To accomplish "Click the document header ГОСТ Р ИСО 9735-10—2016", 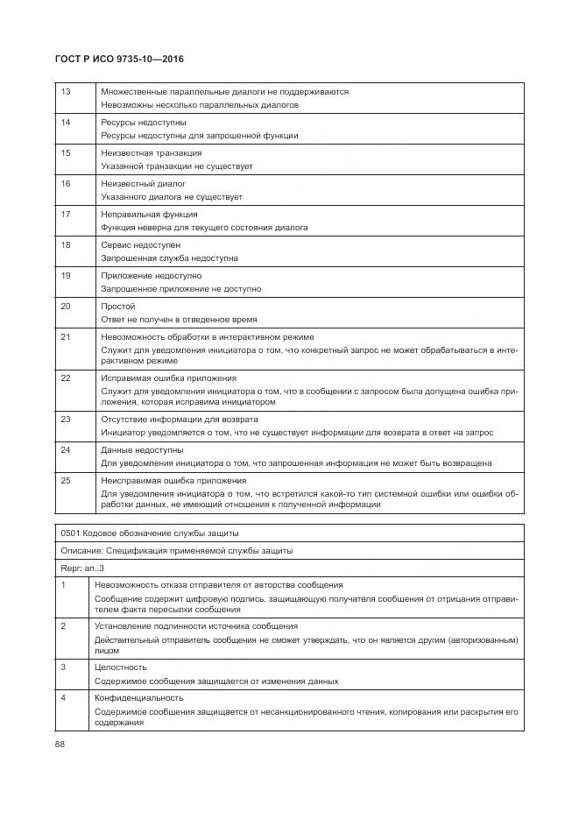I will (x=119, y=60).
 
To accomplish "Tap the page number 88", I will (x=60, y=745).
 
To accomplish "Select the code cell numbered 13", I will (x=65, y=91).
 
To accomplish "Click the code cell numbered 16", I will (x=65, y=184).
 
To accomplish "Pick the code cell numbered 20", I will (x=65, y=307).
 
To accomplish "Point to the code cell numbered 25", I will (x=65, y=480).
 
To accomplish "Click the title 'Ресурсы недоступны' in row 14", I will (x=144, y=123).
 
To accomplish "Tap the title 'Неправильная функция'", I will (x=149, y=215).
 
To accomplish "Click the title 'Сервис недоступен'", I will (x=141, y=245).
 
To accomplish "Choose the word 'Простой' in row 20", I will (x=118, y=307).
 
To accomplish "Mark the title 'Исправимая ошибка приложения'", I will (x=162, y=378).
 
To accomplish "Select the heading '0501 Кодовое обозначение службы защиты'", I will (x=150, y=533).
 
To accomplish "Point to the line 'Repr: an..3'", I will (x=82, y=568).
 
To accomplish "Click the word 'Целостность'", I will (x=121, y=667).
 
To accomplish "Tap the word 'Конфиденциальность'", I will (x=139, y=698).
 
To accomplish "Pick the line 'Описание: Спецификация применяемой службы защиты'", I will (x=176, y=551).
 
